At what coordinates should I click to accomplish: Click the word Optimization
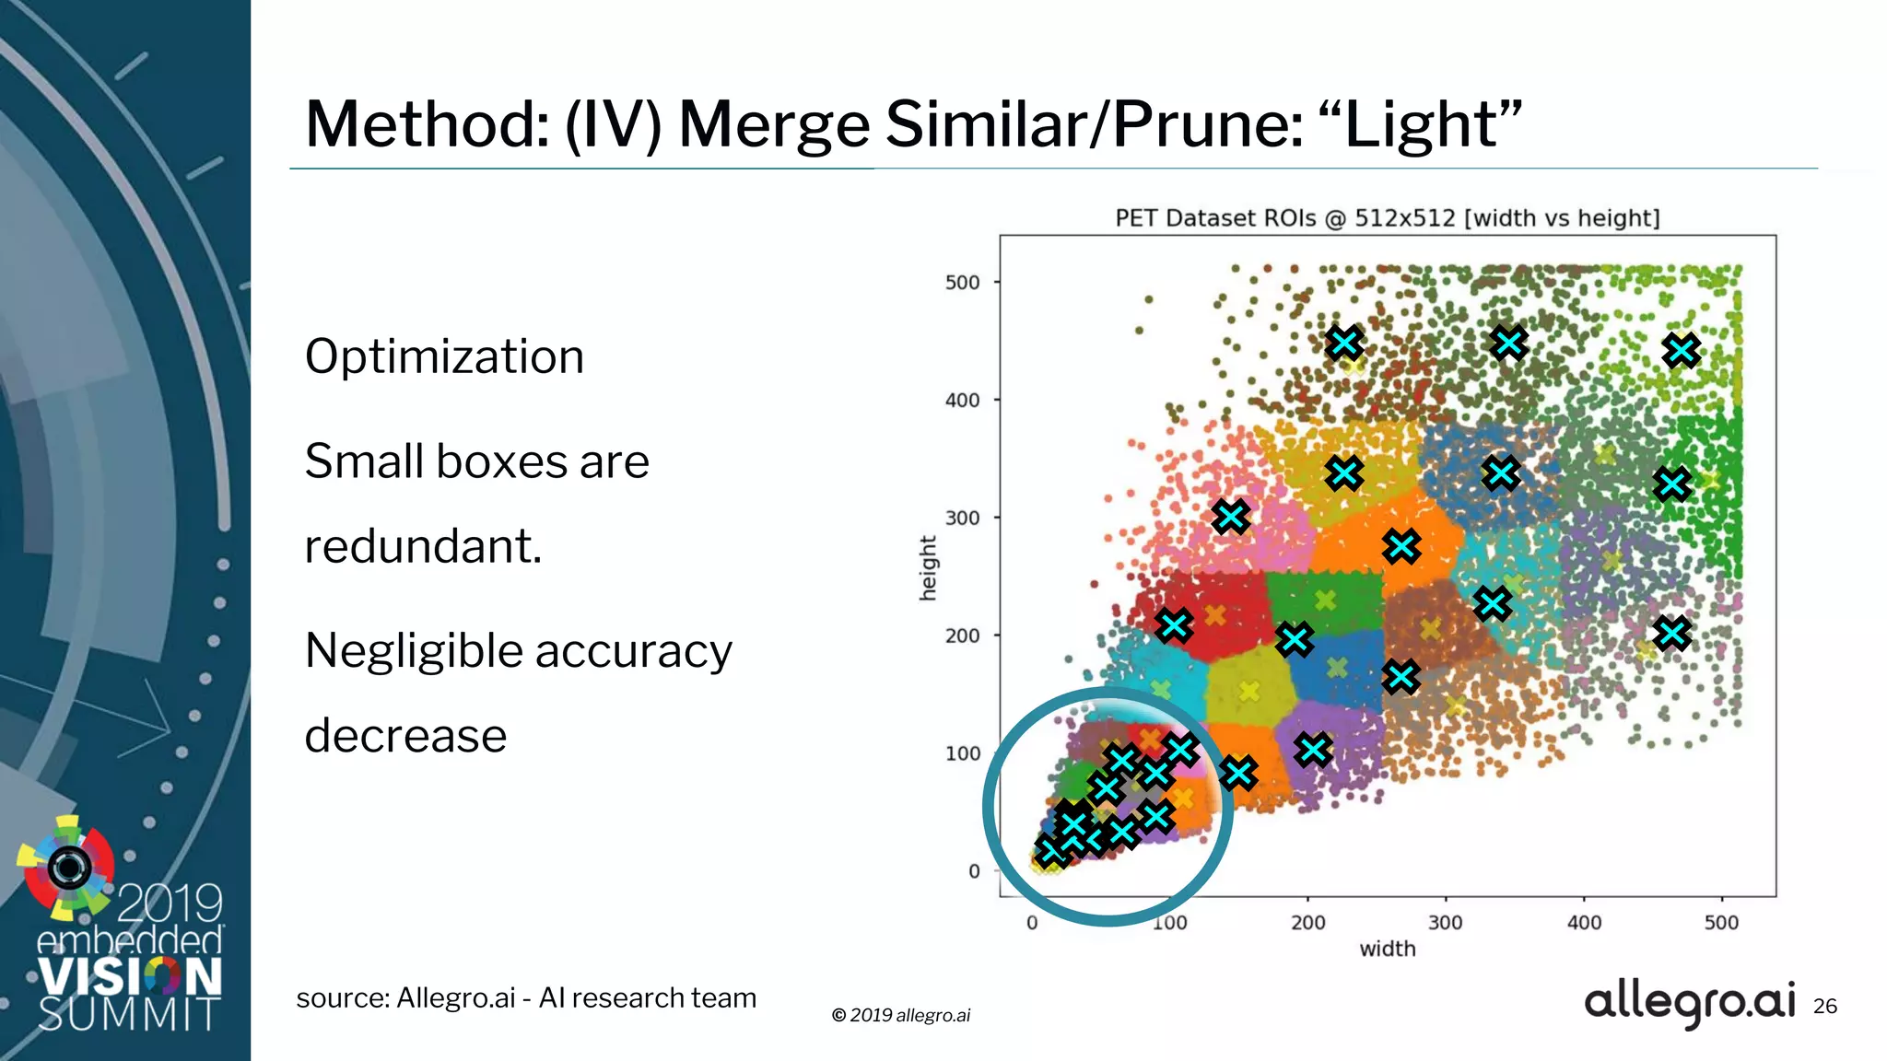point(444,356)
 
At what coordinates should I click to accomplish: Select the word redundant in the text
point(423,546)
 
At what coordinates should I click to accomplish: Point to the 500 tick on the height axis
point(962,283)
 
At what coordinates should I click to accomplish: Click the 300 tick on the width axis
point(1445,922)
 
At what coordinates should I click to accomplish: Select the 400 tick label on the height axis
point(962,401)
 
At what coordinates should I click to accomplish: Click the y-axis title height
point(928,567)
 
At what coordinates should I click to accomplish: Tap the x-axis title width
point(1387,949)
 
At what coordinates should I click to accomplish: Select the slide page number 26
point(1824,1006)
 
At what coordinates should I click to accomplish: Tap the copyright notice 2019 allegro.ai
point(901,1015)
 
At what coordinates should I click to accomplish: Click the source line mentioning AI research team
point(526,997)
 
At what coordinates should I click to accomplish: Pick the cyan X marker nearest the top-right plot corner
point(1682,350)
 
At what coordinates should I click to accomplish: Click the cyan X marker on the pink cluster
point(1231,517)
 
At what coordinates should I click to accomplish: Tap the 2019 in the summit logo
point(170,903)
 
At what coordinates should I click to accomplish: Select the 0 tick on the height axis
point(973,871)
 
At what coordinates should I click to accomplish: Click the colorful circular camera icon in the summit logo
point(68,867)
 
